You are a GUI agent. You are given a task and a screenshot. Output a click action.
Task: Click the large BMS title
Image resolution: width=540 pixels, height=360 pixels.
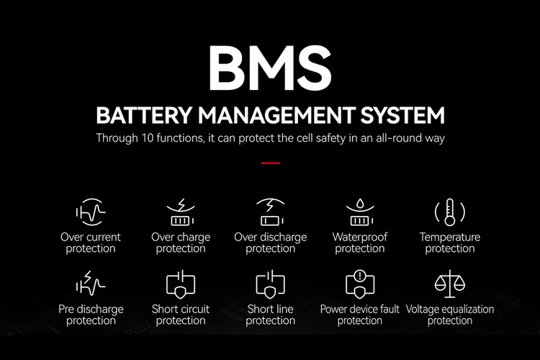(270, 68)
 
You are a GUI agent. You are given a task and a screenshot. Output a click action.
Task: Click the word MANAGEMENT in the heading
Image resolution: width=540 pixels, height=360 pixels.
(276, 115)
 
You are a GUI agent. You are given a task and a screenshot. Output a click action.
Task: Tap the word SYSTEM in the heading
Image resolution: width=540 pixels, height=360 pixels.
(402, 115)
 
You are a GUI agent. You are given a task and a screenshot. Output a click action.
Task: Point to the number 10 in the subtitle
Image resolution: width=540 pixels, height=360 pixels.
(146, 138)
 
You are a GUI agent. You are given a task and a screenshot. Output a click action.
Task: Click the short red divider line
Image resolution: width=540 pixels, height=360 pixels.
(270, 163)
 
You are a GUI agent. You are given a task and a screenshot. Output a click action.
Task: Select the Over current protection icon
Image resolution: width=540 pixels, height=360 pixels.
(91, 212)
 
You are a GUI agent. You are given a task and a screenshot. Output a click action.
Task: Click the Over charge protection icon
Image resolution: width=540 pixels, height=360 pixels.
(181, 212)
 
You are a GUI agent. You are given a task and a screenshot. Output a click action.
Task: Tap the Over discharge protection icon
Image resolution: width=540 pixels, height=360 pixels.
(270, 212)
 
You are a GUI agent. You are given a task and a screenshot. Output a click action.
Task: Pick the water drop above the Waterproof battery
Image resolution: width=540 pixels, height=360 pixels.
(360, 204)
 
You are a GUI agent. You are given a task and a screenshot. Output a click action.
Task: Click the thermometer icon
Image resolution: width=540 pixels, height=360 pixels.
(450, 212)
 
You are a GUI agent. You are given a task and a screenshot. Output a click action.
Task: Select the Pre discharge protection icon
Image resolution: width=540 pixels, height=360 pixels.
(91, 283)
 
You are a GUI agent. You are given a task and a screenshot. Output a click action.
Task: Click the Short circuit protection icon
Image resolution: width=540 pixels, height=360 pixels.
(181, 284)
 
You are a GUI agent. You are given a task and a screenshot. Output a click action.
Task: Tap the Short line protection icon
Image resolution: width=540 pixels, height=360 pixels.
(270, 284)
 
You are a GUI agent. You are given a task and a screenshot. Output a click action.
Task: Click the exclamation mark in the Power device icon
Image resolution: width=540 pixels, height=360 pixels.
(360, 276)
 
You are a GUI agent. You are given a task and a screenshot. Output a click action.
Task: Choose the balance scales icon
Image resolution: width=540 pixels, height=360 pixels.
(450, 284)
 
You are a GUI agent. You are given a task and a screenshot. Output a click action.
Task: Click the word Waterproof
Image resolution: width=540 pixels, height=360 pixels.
(360, 237)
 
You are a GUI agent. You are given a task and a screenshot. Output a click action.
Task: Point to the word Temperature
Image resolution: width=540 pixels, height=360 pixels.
(450, 237)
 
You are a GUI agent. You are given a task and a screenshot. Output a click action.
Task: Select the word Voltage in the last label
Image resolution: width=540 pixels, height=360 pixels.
(421, 310)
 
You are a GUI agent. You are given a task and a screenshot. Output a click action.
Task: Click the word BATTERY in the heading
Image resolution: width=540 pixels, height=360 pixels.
(144, 115)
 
